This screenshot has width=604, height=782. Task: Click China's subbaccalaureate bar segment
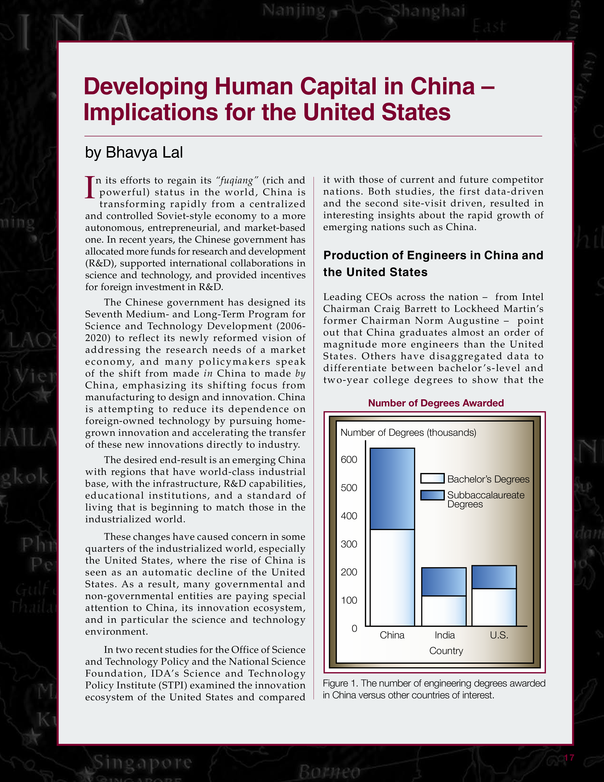(x=392, y=488)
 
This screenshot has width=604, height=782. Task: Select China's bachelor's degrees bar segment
(x=392, y=577)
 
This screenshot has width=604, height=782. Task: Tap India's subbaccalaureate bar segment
(x=444, y=582)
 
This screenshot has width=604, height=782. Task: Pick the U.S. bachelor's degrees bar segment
(x=494, y=607)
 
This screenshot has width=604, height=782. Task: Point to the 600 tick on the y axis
(x=349, y=459)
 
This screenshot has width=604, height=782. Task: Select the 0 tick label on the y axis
(x=354, y=628)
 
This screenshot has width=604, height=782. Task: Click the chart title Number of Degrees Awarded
(x=436, y=403)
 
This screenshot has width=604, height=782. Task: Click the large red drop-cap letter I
(x=90, y=187)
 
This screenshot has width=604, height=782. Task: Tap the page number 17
(x=569, y=757)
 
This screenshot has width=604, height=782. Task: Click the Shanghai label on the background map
(x=428, y=11)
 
